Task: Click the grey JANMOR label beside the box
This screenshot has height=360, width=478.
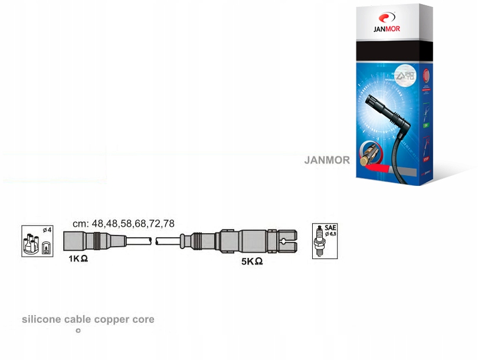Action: (x=327, y=160)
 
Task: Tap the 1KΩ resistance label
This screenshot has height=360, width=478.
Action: (x=78, y=258)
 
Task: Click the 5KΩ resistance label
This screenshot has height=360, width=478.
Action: (x=251, y=261)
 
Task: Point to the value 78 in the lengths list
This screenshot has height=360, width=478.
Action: (x=169, y=224)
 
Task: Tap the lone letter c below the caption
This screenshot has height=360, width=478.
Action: (x=78, y=330)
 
